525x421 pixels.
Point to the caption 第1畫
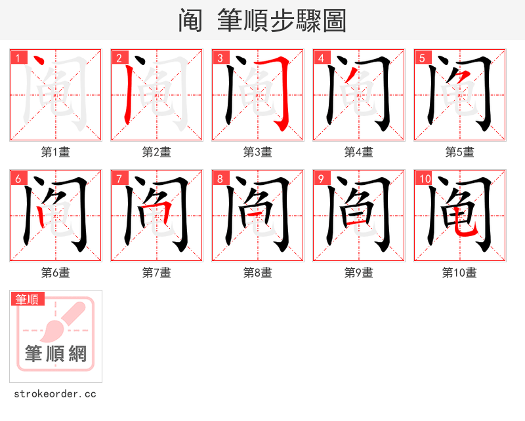[x=56, y=152]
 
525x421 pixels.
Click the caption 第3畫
[x=258, y=152]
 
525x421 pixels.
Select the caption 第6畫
[x=56, y=273]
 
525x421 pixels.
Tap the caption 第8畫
[x=258, y=273]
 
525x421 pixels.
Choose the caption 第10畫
[x=459, y=273]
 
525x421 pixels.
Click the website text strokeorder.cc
[x=55, y=394]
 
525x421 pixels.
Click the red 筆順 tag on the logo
[x=28, y=300]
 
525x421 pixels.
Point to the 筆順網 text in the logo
[x=56, y=355]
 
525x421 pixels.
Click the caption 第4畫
[x=359, y=152]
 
